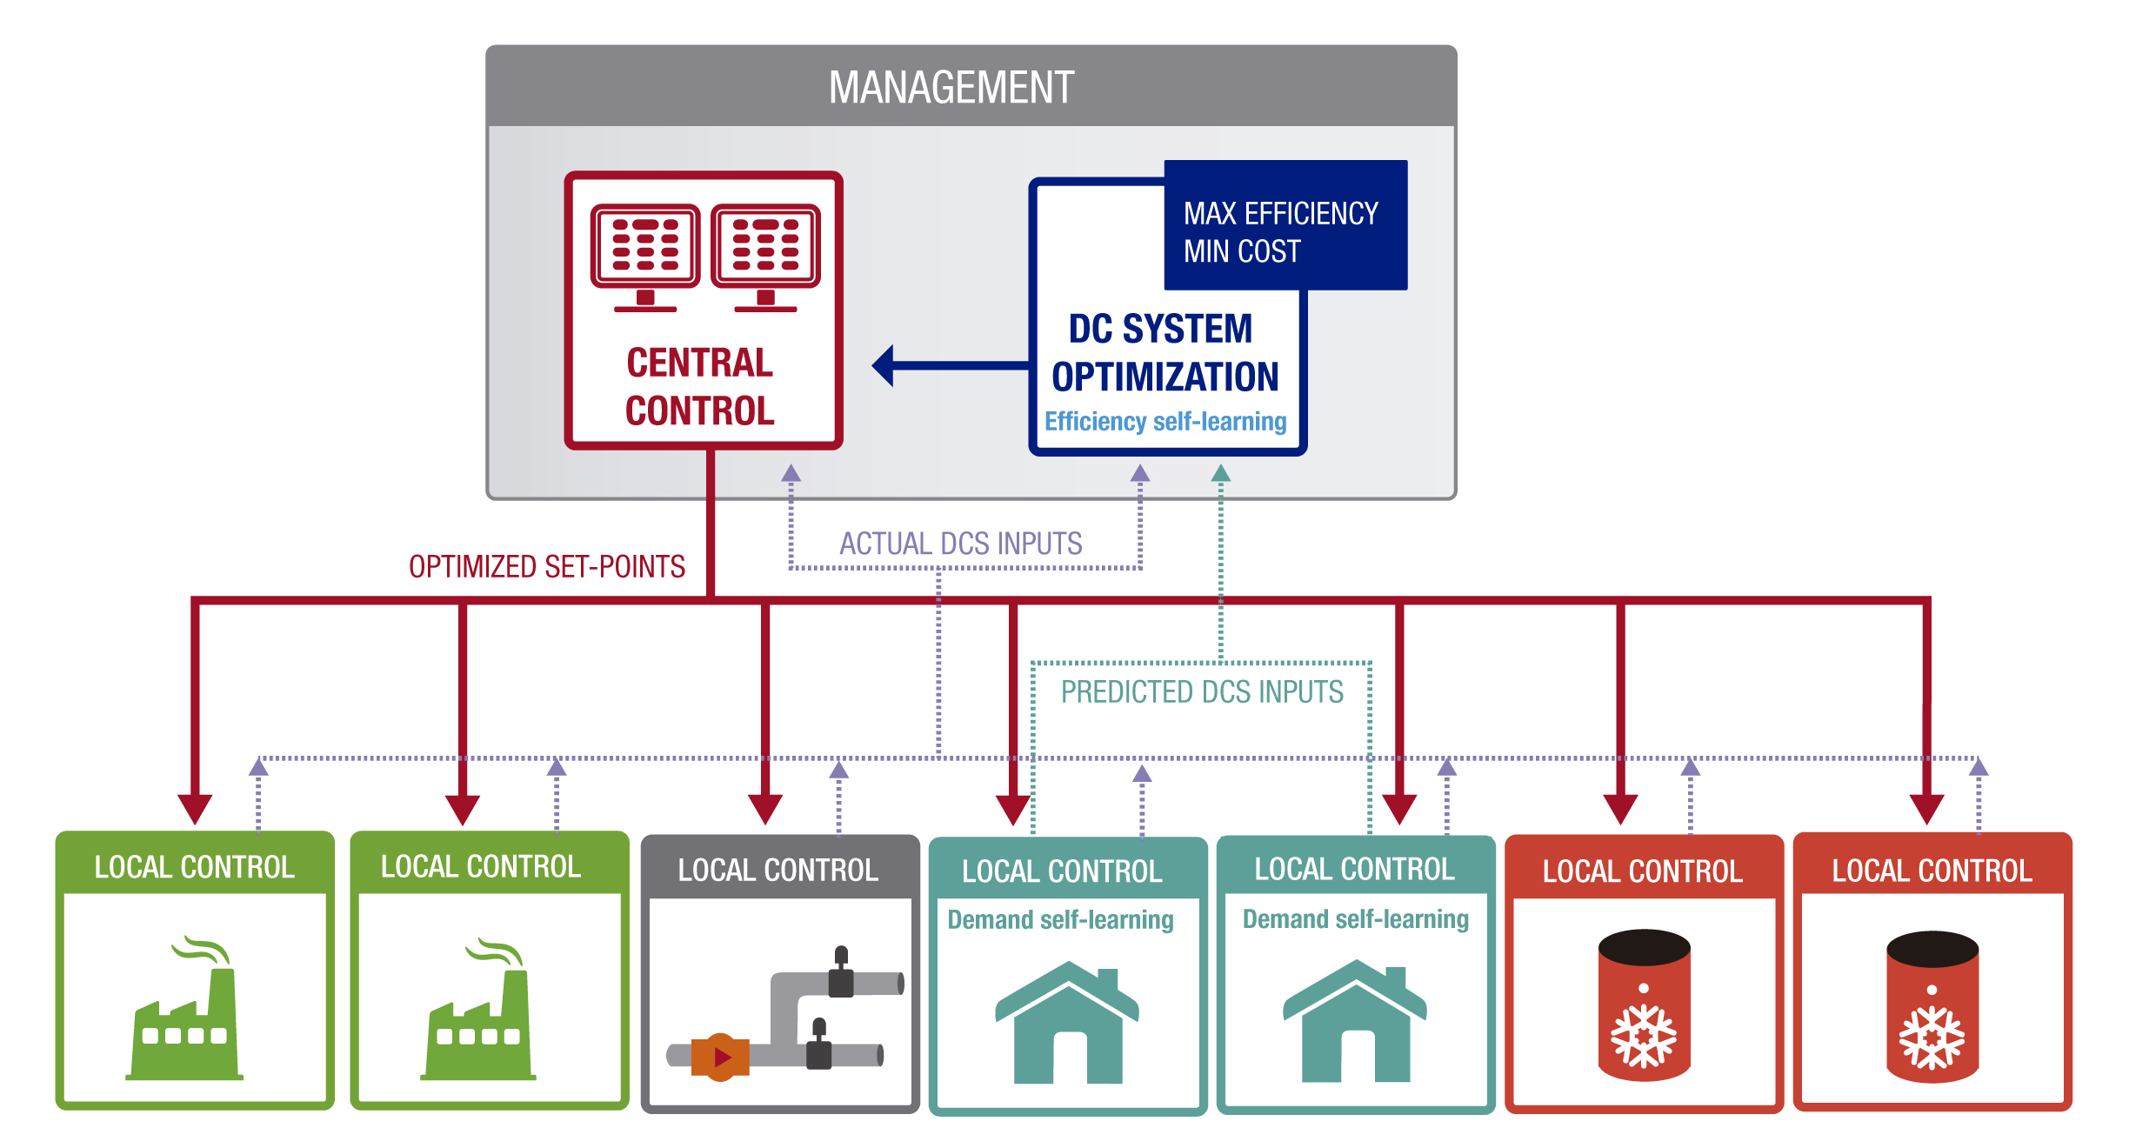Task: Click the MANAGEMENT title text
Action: tap(951, 88)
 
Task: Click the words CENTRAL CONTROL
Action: tap(700, 387)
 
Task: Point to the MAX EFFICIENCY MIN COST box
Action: tap(1285, 226)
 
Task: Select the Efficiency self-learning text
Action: tap(1165, 422)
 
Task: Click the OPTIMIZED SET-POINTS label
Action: tap(547, 567)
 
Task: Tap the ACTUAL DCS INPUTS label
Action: tap(960, 544)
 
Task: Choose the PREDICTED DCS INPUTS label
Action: tap(1202, 692)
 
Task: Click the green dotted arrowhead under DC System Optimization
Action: tap(1221, 473)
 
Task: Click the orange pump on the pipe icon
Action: tap(720, 1057)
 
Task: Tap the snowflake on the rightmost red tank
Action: tap(1932, 1038)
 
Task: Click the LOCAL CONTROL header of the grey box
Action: tap(778, 871)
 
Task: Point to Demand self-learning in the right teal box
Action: tap(1355, 919)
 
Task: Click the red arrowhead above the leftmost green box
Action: tap(195, 808)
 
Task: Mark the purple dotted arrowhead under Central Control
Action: tap(791, 473)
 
